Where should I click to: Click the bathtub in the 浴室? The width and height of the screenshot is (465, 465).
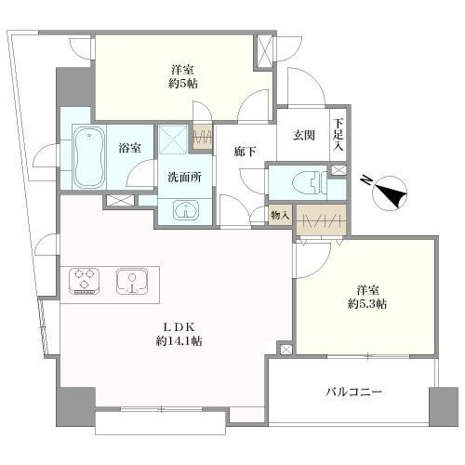[x=89, y=157]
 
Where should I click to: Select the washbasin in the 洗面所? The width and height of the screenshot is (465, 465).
[x=186, y=210]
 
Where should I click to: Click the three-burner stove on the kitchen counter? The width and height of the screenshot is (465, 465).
[x=85, y=281]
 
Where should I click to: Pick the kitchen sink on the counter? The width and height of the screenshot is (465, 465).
[x=132, y=281]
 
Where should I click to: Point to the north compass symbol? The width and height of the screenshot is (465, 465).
[x=389, y=193]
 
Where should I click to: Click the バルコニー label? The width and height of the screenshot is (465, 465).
[x=353, y=392]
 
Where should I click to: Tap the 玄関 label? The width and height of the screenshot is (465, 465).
[x=304, y=135]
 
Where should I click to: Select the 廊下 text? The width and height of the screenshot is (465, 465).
[x=246, y=152]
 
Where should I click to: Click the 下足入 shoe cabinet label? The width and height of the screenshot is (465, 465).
[x=339, y=135]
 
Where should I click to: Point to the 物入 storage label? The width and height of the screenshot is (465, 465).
[x=280, y=215]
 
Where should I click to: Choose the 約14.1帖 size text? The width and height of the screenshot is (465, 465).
[x=179, y=341]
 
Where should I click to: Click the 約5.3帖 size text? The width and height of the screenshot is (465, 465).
[x=367, y=304]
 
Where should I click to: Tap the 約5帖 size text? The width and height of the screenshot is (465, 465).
[x=183, y=84]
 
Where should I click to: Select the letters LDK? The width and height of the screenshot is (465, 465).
[x=179, y=326]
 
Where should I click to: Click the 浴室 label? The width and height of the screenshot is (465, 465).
[x=130, y=148]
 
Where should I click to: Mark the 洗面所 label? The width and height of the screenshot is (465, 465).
[x=185, y=177]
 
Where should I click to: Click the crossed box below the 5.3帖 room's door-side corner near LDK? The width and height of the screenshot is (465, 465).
[x=286, y=350]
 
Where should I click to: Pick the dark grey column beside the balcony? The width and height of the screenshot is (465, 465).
[x=444, y=406]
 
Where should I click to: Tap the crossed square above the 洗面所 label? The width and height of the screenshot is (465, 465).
[x=173, y=139]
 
